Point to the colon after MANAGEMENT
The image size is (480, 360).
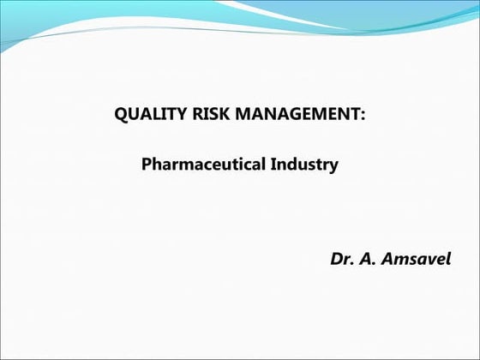(363, 116)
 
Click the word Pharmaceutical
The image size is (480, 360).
(201, 164)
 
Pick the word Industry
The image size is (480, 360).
(303, 164)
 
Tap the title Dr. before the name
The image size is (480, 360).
(340, 258)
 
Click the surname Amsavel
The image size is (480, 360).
(414, 258)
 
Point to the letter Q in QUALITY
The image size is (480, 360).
(121, 115)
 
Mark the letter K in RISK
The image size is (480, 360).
(216, 115)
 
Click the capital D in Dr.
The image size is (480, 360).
(336, 258)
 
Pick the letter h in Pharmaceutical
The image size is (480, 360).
(154, 164)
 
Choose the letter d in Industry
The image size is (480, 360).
(289, 164)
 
